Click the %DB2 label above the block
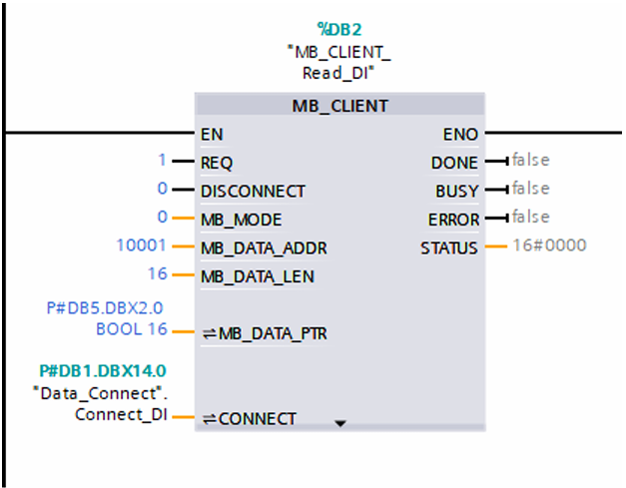tap(339, 30)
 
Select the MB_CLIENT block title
tap(339, 106)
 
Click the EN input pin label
tap(212, 135)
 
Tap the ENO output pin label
tap(460, 135)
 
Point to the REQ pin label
tap(217, 163)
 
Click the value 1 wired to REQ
tap(162, 160)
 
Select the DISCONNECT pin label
tap(254, 192)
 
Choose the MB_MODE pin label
tap(242, 220)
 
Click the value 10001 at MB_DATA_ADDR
tap(142, 244)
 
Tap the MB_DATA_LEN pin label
tap(258, 276)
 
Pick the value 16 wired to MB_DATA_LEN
tap(158, 273)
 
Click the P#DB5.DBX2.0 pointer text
tap(105, 308)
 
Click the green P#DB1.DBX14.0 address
tap(103, 371)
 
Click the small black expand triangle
tap(340, 423)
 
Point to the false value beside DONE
tap(531, 160)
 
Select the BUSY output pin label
tap(456, 192)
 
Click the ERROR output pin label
tap(453, 220)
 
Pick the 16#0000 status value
tap(549, 244)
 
